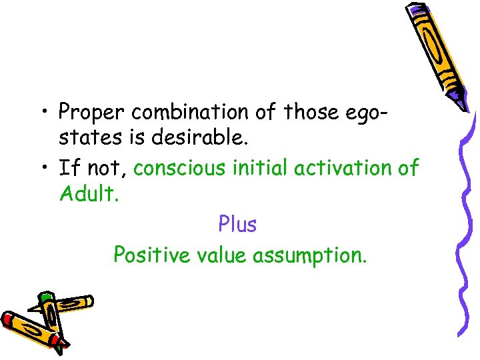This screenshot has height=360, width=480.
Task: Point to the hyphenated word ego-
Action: tap(366, 112)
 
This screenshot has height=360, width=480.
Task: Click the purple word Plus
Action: tap(237, 225)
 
